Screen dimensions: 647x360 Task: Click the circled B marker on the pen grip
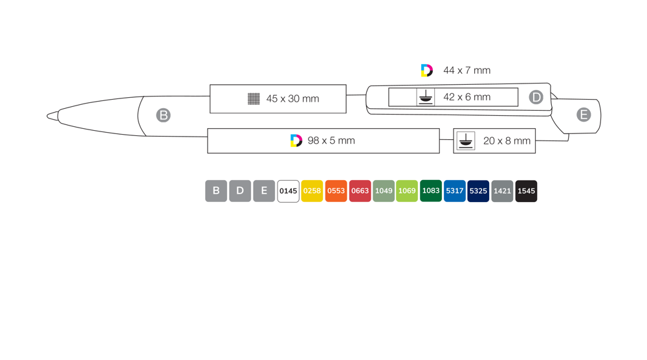[164, 115]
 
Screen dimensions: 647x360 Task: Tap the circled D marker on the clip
[536, 97]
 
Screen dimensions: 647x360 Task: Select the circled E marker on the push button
[584, 115]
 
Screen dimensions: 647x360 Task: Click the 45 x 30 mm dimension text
[292, 98]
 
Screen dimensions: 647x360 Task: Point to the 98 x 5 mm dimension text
[331, 141]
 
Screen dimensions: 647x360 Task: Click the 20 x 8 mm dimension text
[507, 141]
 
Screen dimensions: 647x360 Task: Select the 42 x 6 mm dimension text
[466, 97]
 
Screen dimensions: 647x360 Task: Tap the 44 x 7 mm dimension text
[466, 71]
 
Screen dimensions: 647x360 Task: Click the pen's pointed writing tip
[48, 116]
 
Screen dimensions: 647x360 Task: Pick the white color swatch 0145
[288, 191]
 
